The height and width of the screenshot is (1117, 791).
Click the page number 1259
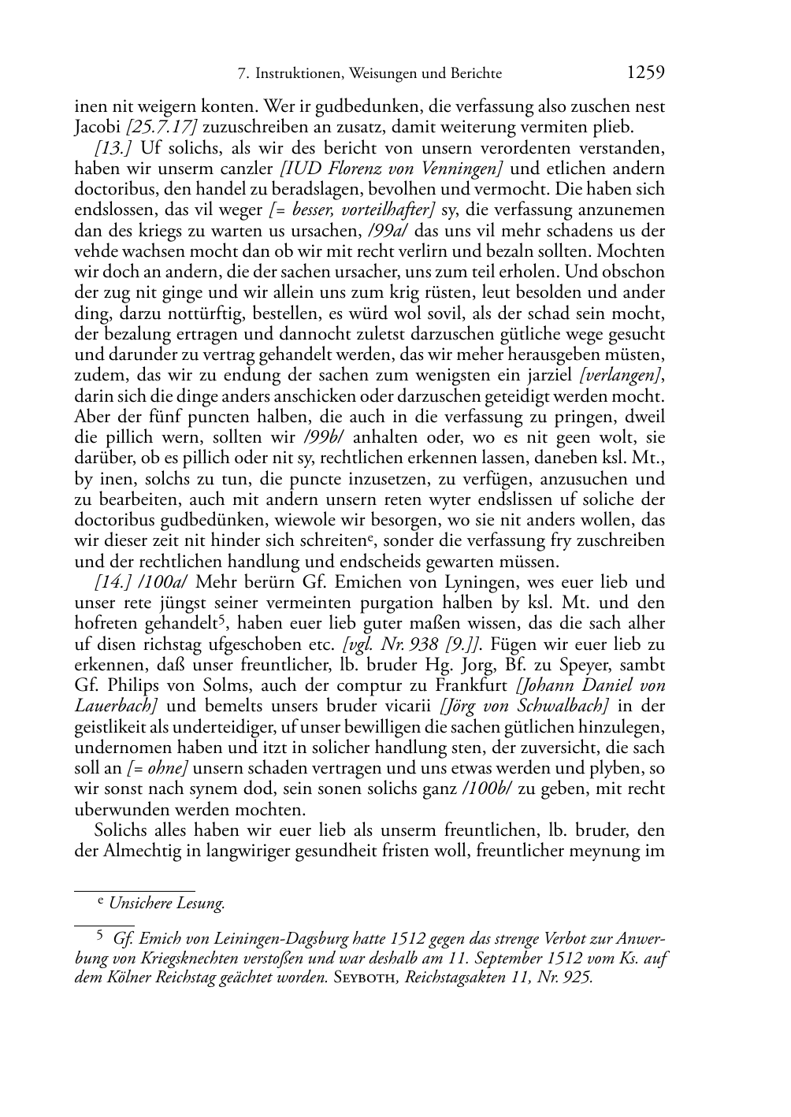coord(645,73)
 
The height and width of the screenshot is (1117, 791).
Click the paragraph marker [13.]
coord(112,147)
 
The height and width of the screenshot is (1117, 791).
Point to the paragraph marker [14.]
coord(112,582)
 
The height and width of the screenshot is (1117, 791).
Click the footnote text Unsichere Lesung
coord(167,904)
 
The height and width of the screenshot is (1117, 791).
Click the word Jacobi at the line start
coord(98,127)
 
